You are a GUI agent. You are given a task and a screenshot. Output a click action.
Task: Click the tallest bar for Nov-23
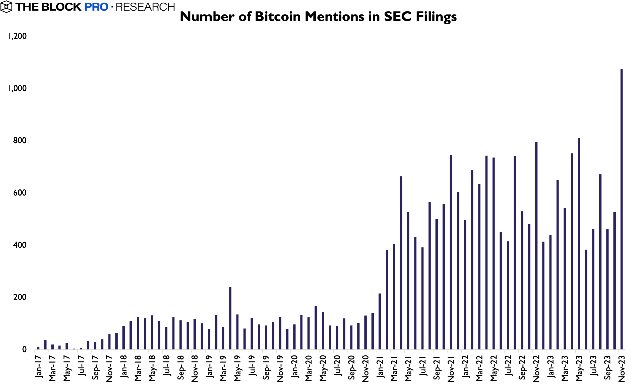pos(621,209)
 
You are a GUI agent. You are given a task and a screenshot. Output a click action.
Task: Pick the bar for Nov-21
pos(451,252)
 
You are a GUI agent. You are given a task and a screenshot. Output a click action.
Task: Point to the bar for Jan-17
pos(38,348)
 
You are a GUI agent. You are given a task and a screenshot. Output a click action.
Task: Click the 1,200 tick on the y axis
pos(17,36)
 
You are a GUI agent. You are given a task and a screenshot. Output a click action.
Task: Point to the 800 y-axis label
pos(20,141)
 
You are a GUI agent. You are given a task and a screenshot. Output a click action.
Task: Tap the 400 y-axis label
pos(20,245)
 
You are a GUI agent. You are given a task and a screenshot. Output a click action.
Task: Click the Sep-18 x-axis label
pos(181,367)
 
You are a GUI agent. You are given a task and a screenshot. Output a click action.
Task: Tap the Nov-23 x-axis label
pos(621,368)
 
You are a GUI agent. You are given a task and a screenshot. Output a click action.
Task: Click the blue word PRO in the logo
pos(96,7)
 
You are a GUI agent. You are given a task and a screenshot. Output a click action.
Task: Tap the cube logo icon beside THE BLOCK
pos(6,7)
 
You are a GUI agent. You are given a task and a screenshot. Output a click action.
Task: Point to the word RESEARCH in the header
pos(145,7)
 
